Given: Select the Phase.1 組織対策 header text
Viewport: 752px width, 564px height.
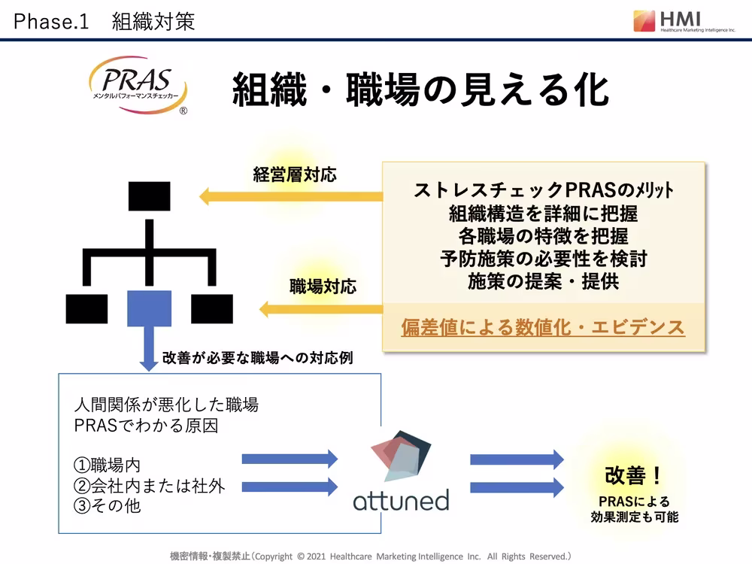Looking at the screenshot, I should tap(104, 22).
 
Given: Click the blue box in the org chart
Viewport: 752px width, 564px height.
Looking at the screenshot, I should tap(149, 308).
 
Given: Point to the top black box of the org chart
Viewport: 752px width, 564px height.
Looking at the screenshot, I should tap(149, 196).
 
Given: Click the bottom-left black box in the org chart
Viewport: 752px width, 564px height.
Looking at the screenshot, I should tap(86, 308).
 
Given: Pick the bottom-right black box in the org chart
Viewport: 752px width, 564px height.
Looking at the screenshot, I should tap(211, 308).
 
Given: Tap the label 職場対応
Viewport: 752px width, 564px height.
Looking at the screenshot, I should tap(323, 287).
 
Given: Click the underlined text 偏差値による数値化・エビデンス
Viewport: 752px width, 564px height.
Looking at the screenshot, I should tap(543, 327).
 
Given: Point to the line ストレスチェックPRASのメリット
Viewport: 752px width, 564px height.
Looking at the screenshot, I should tap(543, 190).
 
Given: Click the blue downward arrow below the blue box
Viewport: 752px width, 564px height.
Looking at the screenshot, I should tap(149, 350).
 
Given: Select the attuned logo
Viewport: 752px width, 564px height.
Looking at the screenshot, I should tap(401, 473).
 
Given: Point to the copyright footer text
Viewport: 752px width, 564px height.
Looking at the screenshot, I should tap(370, 556).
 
